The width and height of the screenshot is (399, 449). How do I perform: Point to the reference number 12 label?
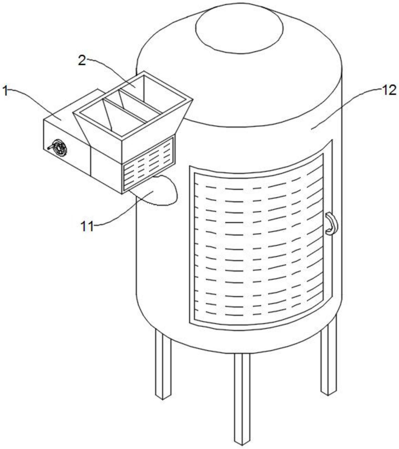(x=389, y=90)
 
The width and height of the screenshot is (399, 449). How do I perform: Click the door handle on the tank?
(x=331, y=224)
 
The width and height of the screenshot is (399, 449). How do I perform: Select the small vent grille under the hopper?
(x=149, y=163)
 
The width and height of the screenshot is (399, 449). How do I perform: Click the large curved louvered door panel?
(x=259, y=243)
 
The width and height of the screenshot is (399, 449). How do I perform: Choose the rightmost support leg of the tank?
(x=329, y=360)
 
